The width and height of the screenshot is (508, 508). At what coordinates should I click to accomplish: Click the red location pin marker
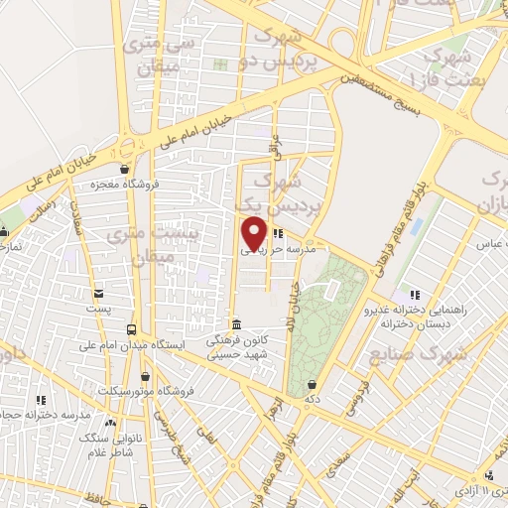(x=254, y=234)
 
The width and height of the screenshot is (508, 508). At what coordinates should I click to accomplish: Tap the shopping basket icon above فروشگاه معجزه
(x=125, y=169)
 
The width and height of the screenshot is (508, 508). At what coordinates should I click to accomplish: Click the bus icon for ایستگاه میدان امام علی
(x=130, y=328)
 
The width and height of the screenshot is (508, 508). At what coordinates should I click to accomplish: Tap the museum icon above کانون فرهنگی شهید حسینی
(x=236, y=324)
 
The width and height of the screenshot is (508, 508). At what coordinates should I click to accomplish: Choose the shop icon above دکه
(x=313, y=384)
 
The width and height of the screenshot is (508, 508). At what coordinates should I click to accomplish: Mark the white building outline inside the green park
(x=331, y=288)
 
